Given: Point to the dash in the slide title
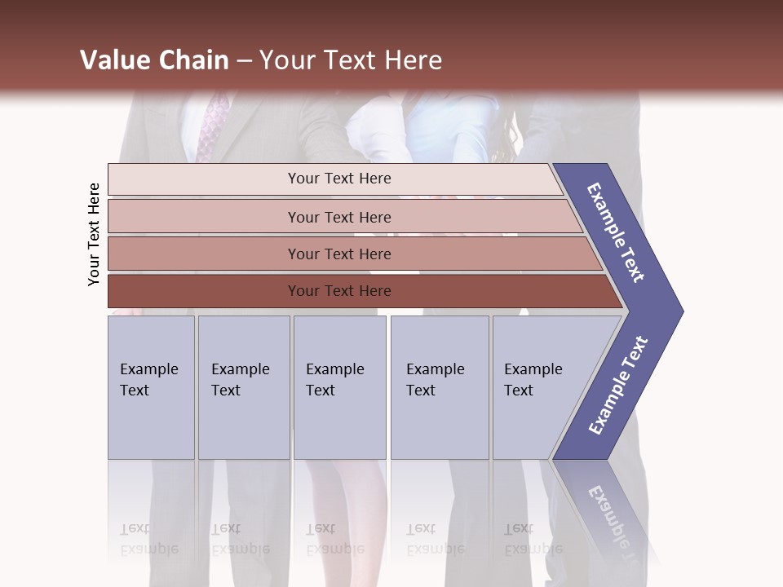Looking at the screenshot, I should (244, 61).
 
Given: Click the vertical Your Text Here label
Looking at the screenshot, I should (94, 234).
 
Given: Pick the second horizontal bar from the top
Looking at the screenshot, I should (338, 217).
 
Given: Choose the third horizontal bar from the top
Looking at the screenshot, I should (338, 254).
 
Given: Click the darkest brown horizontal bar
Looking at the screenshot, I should (338, 291).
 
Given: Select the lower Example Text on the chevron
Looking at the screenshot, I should (618, 386).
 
